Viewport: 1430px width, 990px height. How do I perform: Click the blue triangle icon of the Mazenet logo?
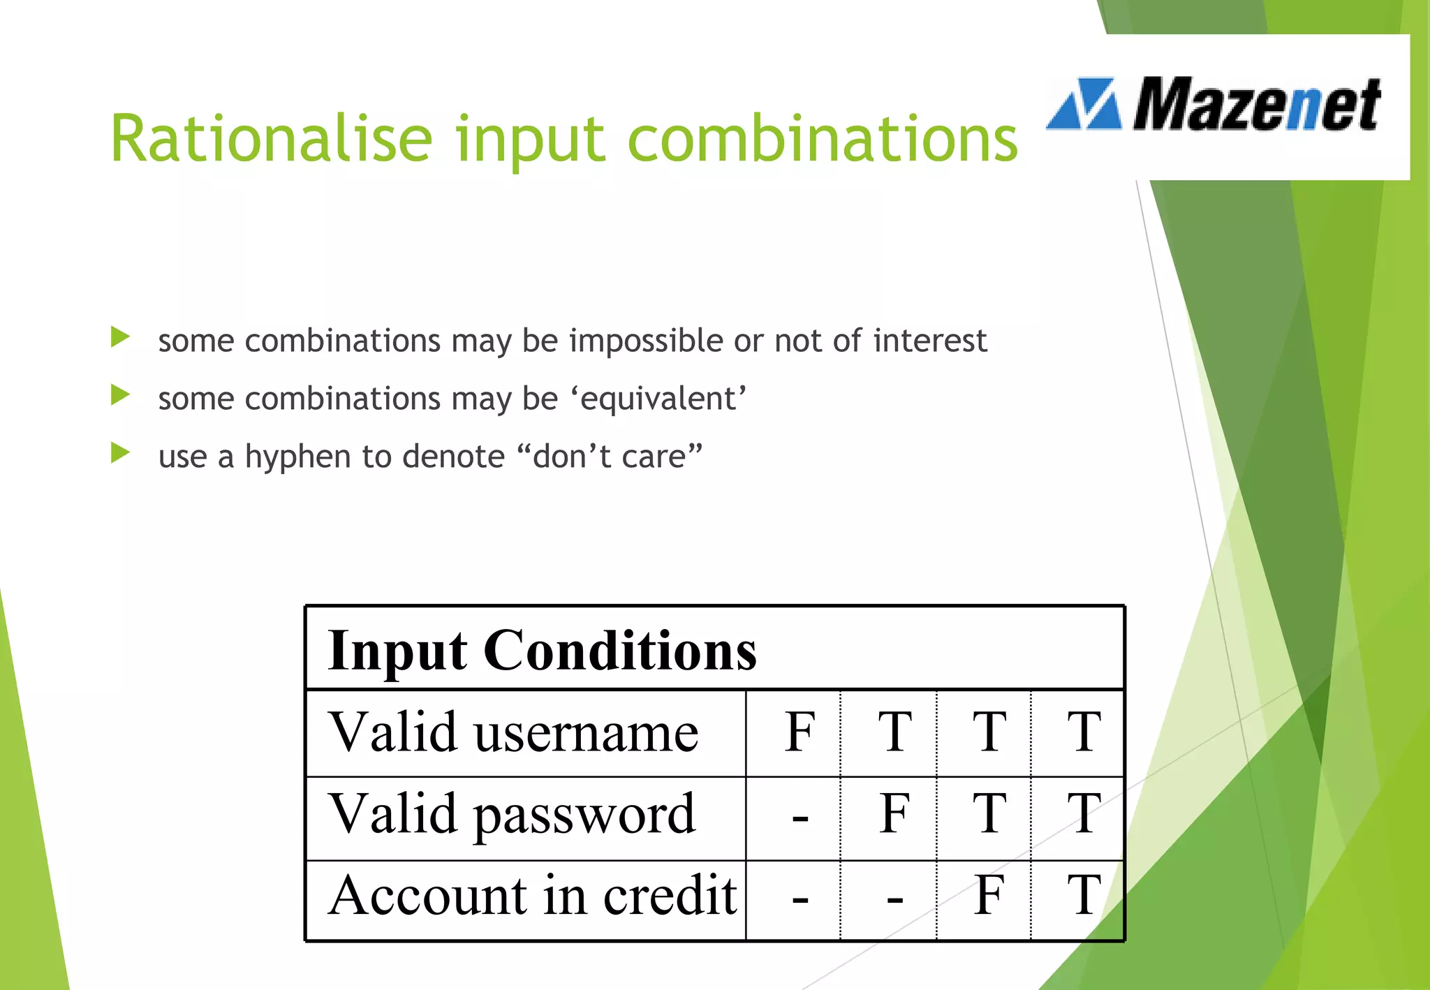click(1084, 105)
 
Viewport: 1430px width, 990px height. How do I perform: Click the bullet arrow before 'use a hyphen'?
click(120, 454)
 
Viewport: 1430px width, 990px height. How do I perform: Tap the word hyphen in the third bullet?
click(297, 457)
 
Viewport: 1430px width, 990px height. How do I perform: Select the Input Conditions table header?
click(542, 649)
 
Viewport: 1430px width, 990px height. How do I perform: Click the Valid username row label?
click(513, 732)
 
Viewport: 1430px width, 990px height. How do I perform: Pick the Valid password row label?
click(512, 815)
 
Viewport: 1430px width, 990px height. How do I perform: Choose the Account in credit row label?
click(532, 896)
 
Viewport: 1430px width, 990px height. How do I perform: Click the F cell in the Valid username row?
click(799, 732)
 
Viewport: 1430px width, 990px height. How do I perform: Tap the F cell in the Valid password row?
click(894, 814)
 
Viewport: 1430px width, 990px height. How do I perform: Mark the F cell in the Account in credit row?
click(989, 895)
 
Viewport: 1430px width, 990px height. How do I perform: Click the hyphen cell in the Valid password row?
click(800, 816)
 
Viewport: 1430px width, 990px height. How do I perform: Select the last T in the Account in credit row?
click(1084, 895)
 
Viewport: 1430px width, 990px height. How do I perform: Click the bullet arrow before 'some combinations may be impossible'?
click(120, 338)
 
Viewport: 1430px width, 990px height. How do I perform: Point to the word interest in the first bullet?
click(929, 341)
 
